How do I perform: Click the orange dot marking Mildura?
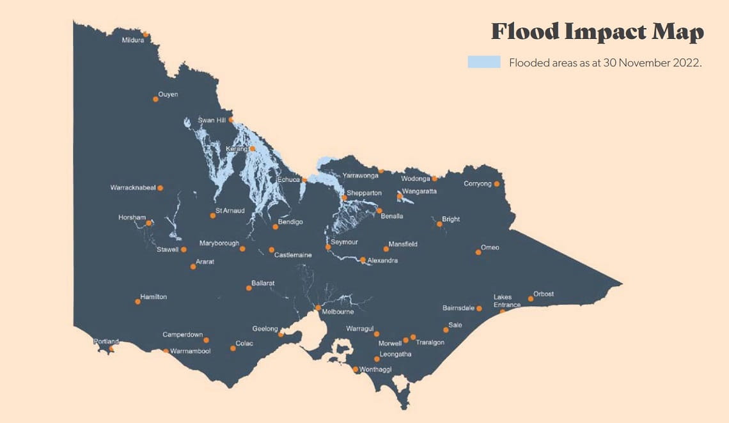[x=146, y=35]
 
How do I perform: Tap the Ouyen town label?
[x=168, y=95]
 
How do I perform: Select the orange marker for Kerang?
[x=253, y=149]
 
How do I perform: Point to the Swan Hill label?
[x=212, y=120]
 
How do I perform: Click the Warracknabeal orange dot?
[x=160, y=188]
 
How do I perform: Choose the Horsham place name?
[x=132, y=217]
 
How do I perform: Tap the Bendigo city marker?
[x=276, y=227]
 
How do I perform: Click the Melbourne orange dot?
[x=318, y=307]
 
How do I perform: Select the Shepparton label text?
[x=364, y=192]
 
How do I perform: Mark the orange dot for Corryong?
[x=497, y=184]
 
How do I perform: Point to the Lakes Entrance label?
[x=506, y=301]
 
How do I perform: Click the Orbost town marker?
[x=531, y=298]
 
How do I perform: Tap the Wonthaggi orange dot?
[x=356, y=369]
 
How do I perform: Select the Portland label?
[x=106, y=341]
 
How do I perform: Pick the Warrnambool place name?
[x=190, y=351]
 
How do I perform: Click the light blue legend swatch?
[x=484, y=63]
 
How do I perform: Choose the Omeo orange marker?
[x=478, y=252]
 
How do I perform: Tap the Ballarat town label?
[x=263, y=282]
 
